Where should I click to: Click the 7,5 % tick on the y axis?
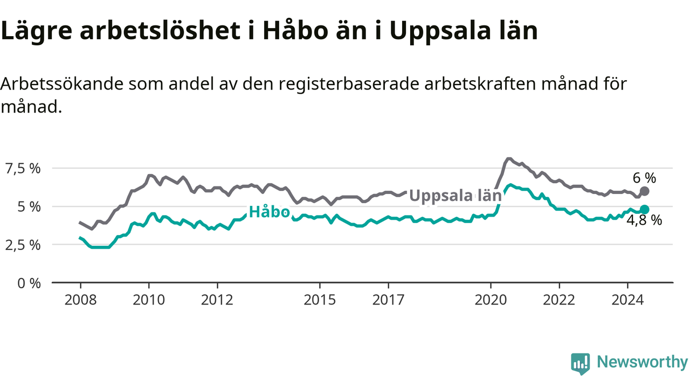click(x=23, y=169)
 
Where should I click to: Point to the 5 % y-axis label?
click(x=29, y=207)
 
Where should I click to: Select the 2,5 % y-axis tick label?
click(x=23, y=245)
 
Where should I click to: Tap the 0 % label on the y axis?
click(x=29, y=283)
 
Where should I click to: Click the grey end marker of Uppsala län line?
click(x=644, y=191)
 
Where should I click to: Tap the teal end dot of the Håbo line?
click(x=644, y=210)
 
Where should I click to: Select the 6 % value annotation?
click(x=644, y=178)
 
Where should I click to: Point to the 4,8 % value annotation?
click(x=644, y=220)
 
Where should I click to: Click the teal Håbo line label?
click(x=269, y=212)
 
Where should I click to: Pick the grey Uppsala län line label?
click(x=456, y=196)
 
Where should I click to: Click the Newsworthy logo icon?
click(x=581, y=364)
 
